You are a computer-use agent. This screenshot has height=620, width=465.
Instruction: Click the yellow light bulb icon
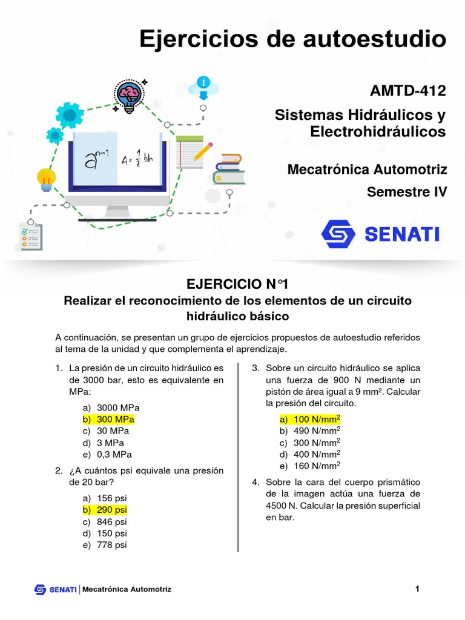(x=46, y=179)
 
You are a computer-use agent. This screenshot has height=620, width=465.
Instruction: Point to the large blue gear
(x=69, y=114)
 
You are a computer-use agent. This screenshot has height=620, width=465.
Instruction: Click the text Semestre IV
(x=406, y=192)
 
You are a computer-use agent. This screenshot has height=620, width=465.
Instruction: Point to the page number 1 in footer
(x=417, y=589)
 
